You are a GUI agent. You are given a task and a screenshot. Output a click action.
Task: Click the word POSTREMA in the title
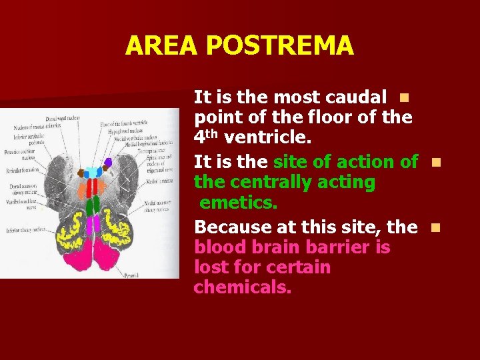[x=279, y=45]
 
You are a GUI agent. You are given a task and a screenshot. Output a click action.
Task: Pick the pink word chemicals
[x=243, y=289]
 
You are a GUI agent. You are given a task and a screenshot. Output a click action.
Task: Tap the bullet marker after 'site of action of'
[x=435, y=162]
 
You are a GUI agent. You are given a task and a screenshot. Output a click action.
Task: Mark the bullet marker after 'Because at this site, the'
[x=435, y=227]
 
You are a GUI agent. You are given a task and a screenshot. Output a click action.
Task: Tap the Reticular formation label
[x=23, y=170]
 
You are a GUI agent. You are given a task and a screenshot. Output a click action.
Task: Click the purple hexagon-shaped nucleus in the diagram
[x=108, y=162]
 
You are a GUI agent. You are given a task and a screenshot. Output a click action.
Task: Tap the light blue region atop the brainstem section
[x=93, y=171]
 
